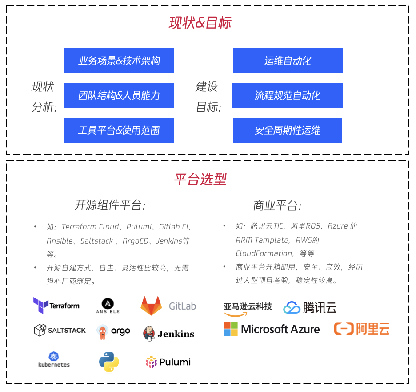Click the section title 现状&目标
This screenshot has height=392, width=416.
coord(200,23)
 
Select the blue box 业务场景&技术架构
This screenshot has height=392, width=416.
coord(119,60)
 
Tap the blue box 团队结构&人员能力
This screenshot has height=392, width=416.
coord(119,95)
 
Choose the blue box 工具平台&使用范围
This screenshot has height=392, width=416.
coord(119,130)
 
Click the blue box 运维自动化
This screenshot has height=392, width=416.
coord(288,60)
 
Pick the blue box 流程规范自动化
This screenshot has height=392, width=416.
coord(288,95)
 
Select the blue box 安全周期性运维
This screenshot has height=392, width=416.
coord(288,130)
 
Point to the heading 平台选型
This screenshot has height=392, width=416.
coord(200,180)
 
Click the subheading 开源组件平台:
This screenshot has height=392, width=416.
coord(110,205)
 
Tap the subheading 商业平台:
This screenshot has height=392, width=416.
coord(277,205)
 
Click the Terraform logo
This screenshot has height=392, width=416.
coord(56,306)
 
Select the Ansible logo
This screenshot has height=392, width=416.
coord(108,306)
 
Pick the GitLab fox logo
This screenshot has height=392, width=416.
coord(151,306)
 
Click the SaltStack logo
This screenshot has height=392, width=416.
coord(60,331)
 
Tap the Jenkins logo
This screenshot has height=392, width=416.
coord(169,333)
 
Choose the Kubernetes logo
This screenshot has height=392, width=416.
coord(54,359)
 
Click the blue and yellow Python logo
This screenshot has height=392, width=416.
coord(109,362)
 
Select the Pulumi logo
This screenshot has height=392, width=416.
coord(168,362)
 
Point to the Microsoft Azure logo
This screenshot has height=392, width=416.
coord(272,329)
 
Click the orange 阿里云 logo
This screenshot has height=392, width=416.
coord(362,329)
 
